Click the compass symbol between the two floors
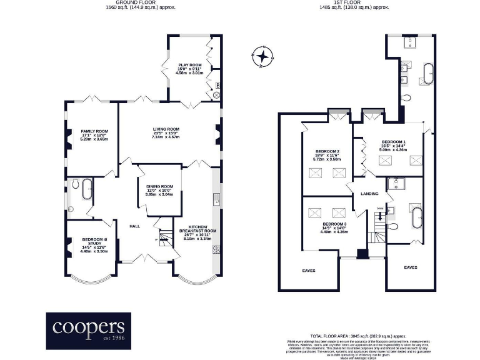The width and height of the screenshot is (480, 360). (263, 57)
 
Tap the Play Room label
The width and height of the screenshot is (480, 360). (189, 64)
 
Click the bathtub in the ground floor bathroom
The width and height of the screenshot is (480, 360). (86, 187)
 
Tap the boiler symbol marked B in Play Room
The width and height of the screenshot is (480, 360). (217, 85)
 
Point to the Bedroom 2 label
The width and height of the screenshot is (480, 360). (328, 155)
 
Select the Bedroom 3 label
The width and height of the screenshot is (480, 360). (334, 227)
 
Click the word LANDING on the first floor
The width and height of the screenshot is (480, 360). (370, 194)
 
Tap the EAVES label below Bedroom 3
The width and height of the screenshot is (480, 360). (309, 270)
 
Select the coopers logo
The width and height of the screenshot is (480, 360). (88, 328)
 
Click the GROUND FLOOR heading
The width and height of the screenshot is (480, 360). (139, 2)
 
